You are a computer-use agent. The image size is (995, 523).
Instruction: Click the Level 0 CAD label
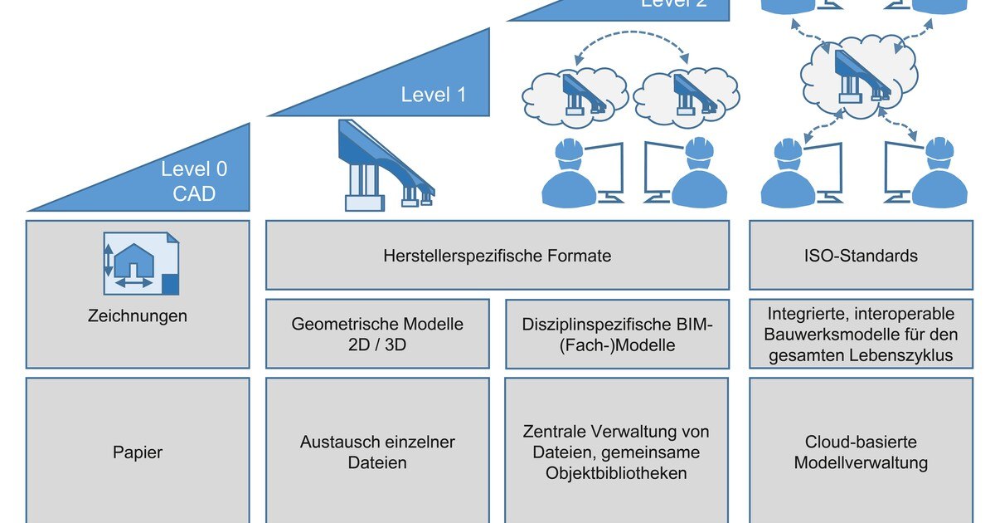[x=194, y=182]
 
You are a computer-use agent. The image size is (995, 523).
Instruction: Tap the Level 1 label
[x=433, y=95]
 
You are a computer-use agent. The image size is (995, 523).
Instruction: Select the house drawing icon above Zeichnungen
[x=139, y=263]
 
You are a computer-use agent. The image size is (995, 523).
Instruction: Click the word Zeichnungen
[x=138, y=316]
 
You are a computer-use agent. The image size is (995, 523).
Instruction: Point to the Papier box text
[x=138, y=453]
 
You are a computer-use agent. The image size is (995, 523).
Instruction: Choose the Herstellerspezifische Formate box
[x=498, y=256]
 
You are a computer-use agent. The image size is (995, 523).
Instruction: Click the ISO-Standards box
[x=860, y=256]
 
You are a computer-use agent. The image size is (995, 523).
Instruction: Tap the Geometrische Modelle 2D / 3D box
[x=377, y=334]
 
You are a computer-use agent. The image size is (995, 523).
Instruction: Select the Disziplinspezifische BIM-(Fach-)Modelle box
[x=617, y=334]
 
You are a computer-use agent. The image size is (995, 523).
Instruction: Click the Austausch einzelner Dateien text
[x=377, y=452]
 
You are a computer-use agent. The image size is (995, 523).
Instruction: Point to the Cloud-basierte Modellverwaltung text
[x=860, y=452]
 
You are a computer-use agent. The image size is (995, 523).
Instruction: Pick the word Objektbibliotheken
[x=616, y=473]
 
